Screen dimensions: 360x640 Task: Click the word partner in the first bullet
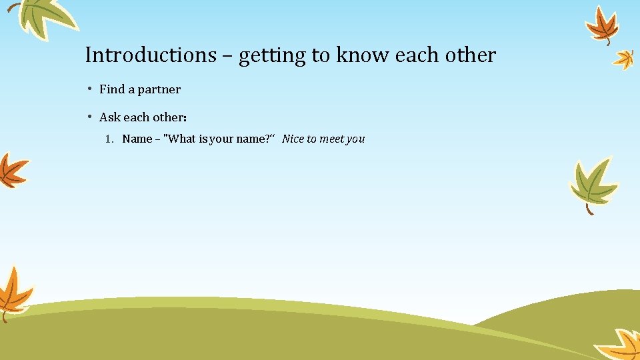point(159,89)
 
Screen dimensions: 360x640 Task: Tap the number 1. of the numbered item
point(111,139)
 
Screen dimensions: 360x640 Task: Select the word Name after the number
point(137,139)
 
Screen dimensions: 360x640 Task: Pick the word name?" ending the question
point(259,139)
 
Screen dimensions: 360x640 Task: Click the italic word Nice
point(293,139)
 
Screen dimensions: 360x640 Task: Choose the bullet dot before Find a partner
point(89,89)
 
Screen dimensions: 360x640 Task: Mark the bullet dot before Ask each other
point(89,117)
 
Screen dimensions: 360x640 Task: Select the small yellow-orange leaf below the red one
point(624,59)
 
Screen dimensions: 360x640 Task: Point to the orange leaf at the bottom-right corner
point(620,345)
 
